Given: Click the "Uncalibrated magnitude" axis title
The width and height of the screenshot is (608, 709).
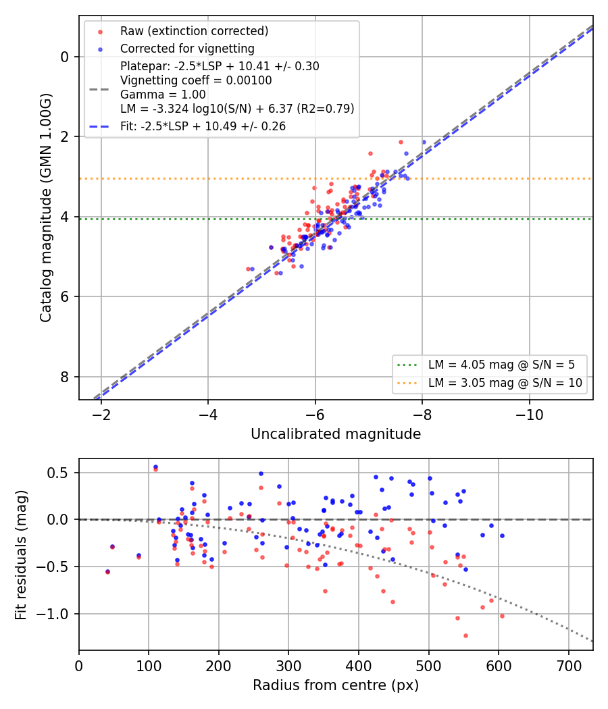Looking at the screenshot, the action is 336,434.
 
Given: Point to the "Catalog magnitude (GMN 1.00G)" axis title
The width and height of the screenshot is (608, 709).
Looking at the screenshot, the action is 46,208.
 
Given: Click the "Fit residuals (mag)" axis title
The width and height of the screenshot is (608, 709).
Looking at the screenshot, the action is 21,555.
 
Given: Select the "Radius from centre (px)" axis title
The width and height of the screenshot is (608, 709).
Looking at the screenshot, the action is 336,685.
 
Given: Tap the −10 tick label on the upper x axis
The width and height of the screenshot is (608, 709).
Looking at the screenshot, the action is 530,414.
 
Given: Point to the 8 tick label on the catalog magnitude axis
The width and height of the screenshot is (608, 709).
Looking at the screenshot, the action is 64,377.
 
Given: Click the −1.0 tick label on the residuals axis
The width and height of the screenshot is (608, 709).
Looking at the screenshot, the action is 57,614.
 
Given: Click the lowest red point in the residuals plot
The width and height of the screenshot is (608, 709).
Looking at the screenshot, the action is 465,636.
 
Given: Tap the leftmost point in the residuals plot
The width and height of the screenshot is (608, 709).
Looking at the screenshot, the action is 107,572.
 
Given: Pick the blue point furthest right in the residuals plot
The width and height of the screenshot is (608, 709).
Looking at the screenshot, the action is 502,536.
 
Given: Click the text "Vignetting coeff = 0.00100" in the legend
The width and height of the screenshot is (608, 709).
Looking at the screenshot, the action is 196,80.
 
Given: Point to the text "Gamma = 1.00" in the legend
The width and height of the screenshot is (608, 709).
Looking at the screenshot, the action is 163,95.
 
